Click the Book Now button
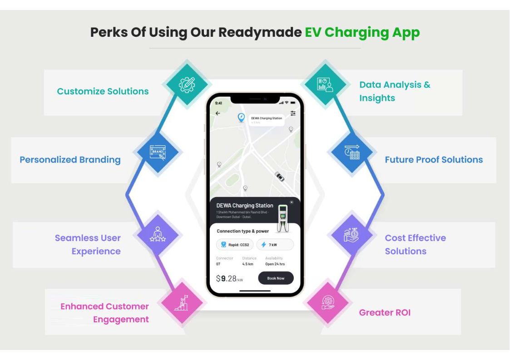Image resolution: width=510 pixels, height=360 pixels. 276,278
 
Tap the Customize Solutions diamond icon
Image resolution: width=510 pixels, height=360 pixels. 187,84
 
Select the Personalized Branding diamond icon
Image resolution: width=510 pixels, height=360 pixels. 158,153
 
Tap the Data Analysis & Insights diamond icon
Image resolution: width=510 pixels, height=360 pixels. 325,84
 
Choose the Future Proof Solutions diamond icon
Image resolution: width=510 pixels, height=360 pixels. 352,153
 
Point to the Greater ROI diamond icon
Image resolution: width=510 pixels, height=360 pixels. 328,302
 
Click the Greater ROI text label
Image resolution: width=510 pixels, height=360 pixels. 385,312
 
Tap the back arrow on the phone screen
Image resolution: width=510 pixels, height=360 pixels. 218,113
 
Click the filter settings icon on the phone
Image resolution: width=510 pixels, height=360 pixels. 293,113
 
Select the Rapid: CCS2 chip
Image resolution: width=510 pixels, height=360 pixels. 234,245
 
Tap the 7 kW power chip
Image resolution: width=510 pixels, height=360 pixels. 275,245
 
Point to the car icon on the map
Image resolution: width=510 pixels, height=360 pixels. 279,177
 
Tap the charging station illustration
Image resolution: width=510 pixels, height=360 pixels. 283,218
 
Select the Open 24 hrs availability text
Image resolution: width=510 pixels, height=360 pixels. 275,264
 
